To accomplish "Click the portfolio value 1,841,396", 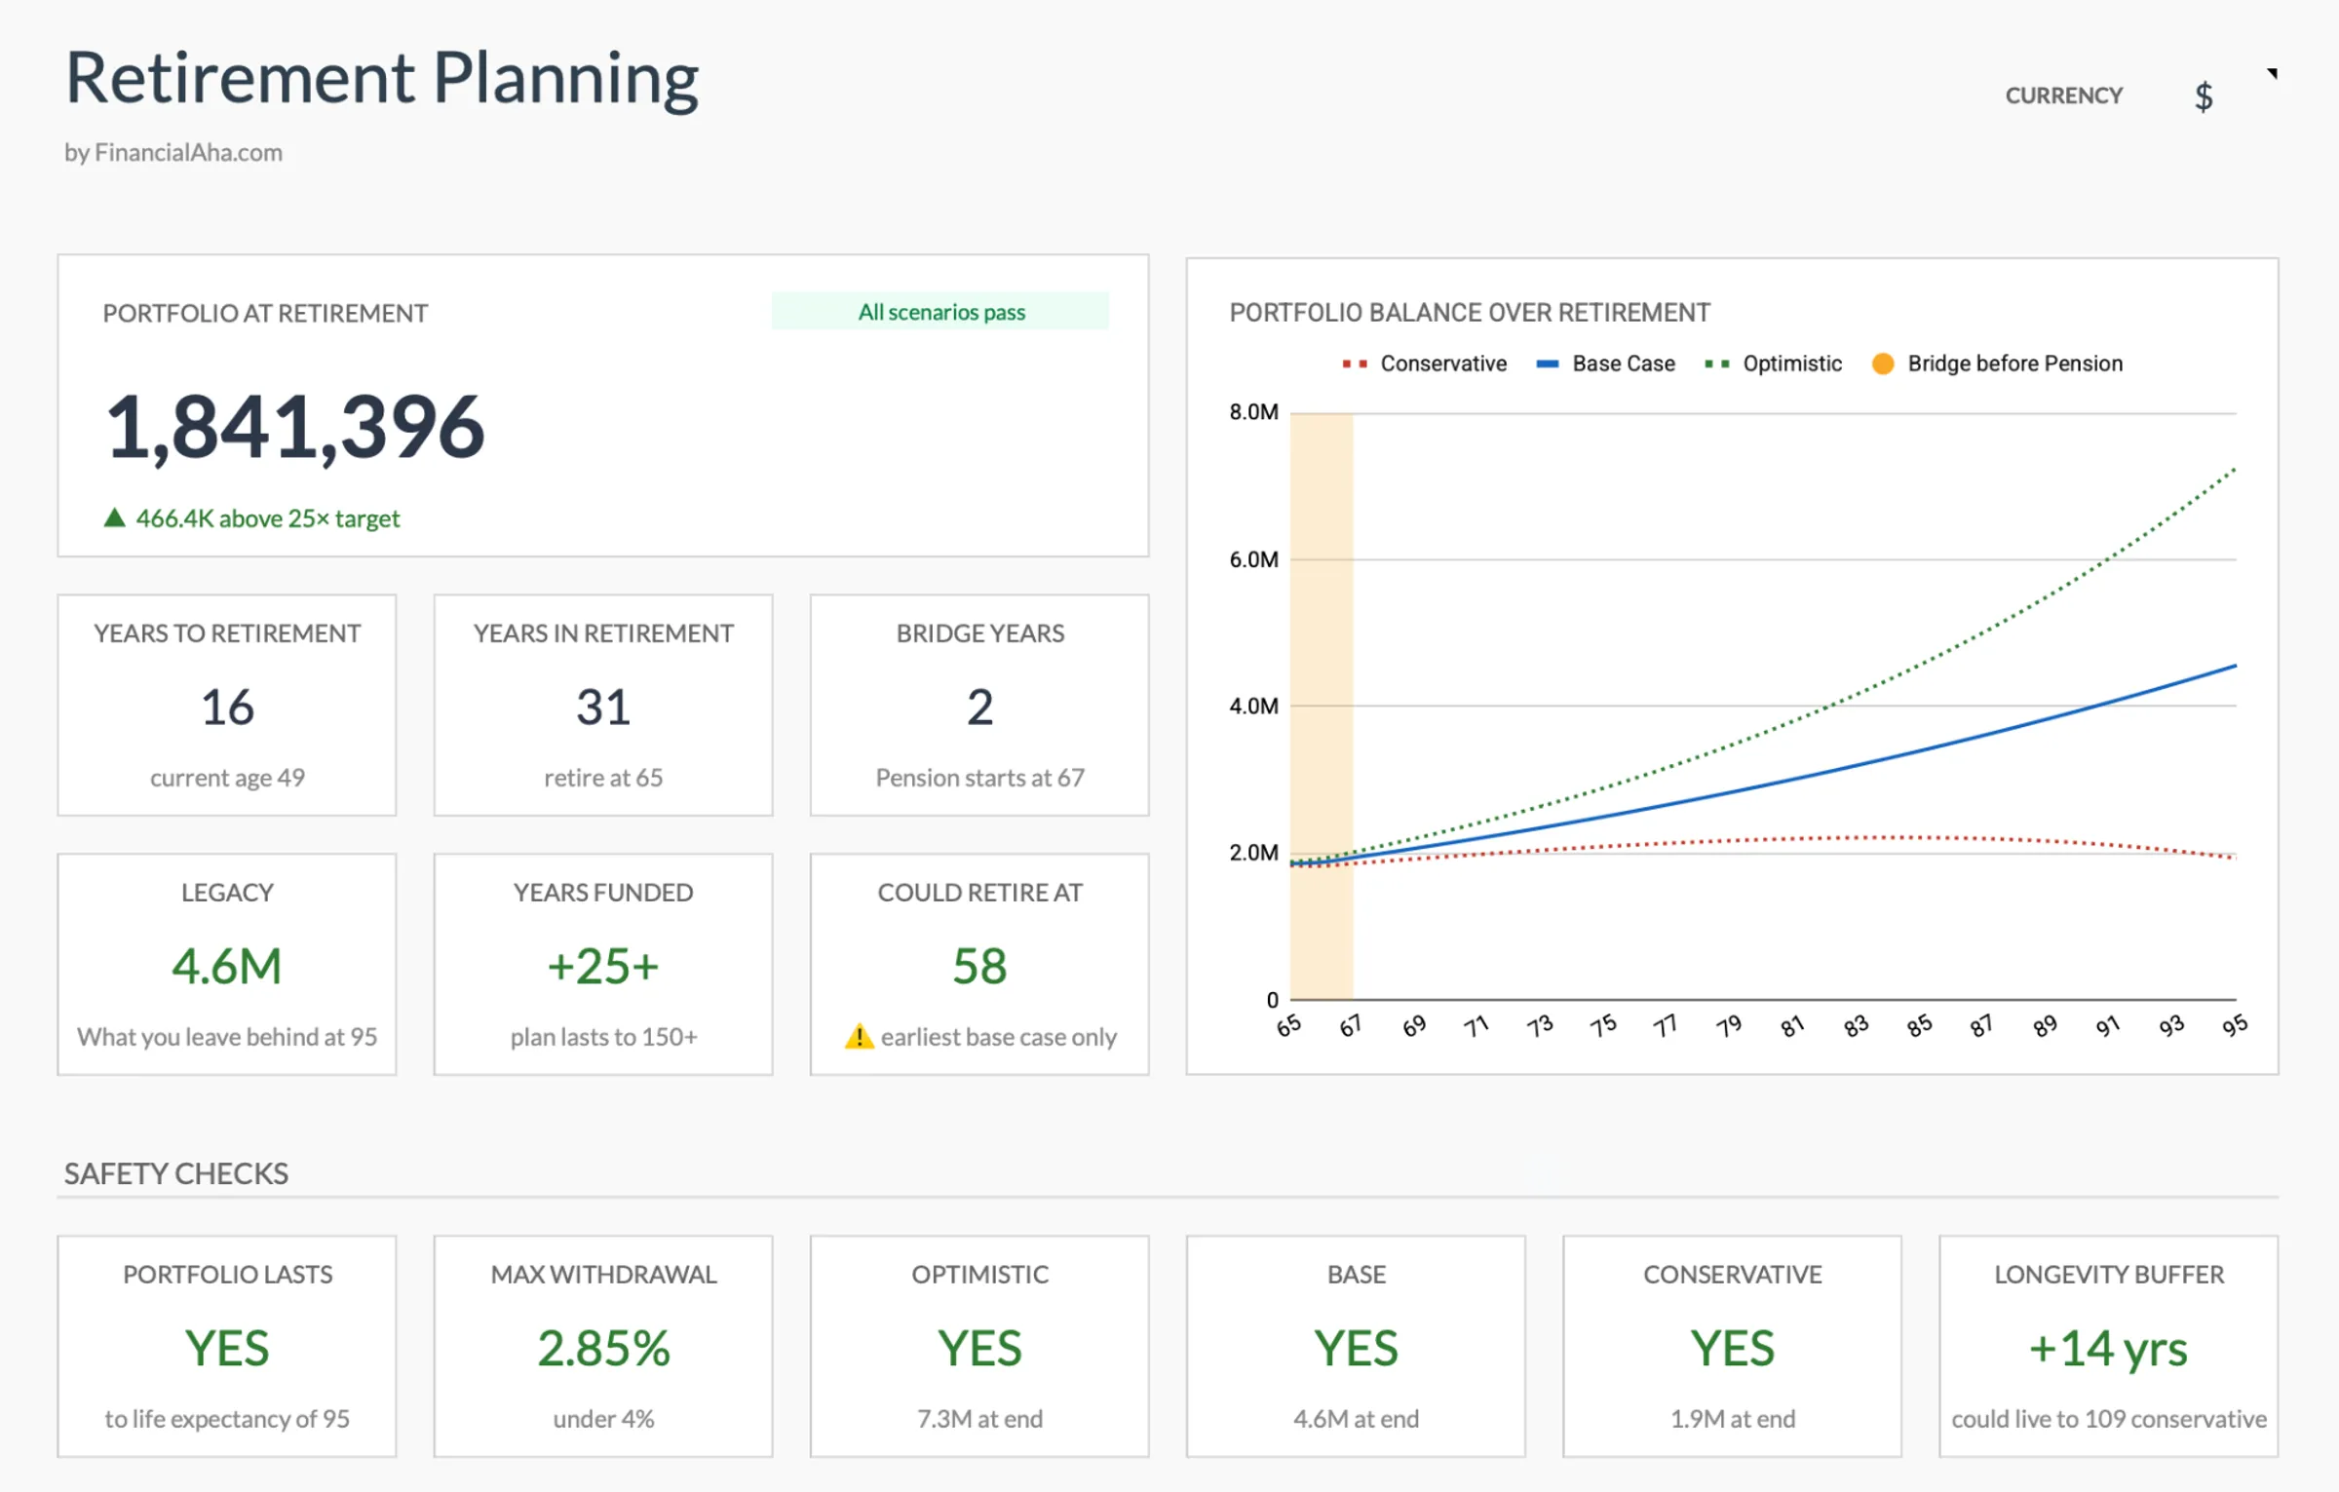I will click(293, 427).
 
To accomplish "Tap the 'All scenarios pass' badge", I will click(940, 312).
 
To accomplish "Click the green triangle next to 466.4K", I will click(114, 517).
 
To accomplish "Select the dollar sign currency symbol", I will click(2203, 96).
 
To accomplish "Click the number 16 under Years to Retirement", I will click(227, 707).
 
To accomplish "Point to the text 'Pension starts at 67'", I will click(979, 778).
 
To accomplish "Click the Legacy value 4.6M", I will click(227, 966).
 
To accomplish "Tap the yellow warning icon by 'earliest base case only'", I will click(859, 1036).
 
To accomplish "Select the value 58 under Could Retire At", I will click(979, 966).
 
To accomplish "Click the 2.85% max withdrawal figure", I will click(603, 1349).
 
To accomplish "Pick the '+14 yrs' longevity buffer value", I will click(2108, 1349).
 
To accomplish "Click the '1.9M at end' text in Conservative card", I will click(1732, 1419).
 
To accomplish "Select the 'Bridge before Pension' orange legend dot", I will click(1883, 363).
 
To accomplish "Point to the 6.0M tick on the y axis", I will click(1253, 559).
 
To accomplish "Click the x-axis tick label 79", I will click(1729, 1026).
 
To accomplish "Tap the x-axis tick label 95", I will click(2234, 1025).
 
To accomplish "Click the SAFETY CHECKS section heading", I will click(176, 1173).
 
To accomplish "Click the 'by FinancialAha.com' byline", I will click(173, 153).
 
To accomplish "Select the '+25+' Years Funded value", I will click(603, 966).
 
